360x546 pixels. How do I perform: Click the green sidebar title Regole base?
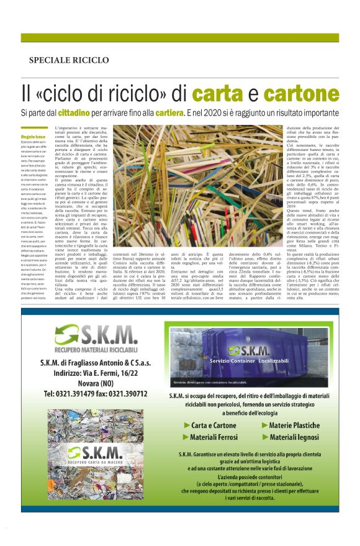33,136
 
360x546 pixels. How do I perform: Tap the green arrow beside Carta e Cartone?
187,425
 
